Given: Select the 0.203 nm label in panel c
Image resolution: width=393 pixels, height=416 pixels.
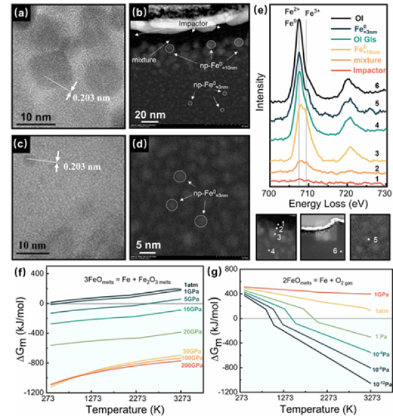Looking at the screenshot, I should click(83, 167).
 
